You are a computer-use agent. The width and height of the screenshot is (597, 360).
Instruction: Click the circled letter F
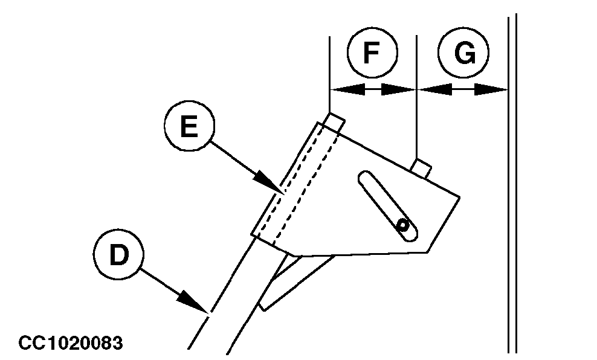(372, 53)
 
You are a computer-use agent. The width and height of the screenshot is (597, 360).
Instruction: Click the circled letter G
(463, 53)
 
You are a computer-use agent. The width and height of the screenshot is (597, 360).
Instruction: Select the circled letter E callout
(189, 127)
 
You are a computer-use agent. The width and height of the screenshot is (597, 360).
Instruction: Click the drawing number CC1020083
(71, 344)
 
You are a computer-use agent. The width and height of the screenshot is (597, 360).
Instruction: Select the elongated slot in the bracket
(386, 206)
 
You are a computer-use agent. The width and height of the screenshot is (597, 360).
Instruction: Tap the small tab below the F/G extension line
(422, 167)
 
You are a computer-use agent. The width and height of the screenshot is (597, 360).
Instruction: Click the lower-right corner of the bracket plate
(428, 251)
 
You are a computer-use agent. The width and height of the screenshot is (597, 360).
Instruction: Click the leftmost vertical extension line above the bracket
(329, 72)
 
